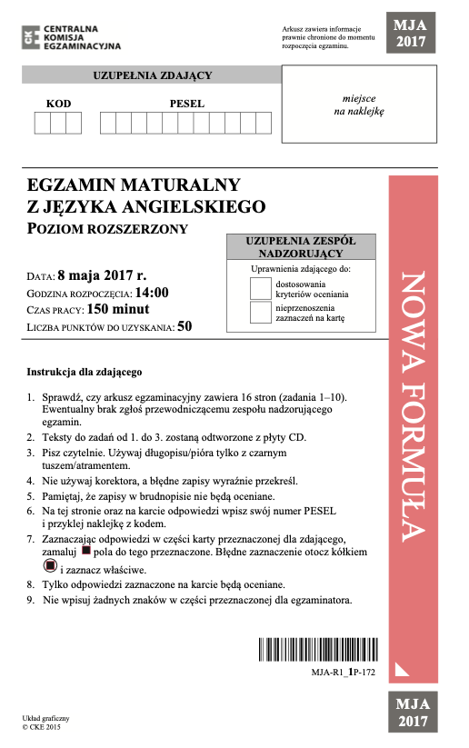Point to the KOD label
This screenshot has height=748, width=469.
click(x=58, y=104)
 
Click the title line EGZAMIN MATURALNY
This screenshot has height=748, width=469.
click(x=134, y=185)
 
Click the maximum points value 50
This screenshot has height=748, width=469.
click(x=185, y=326)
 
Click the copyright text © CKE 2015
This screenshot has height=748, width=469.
click(x=41, y=727)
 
